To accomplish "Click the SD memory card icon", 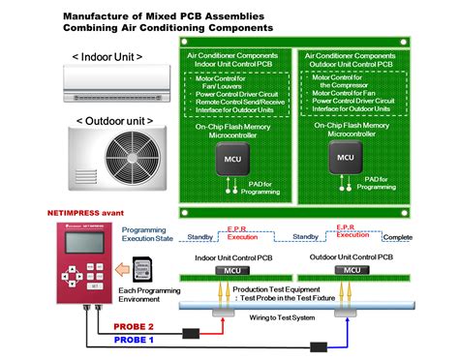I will (x=138, y=266).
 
